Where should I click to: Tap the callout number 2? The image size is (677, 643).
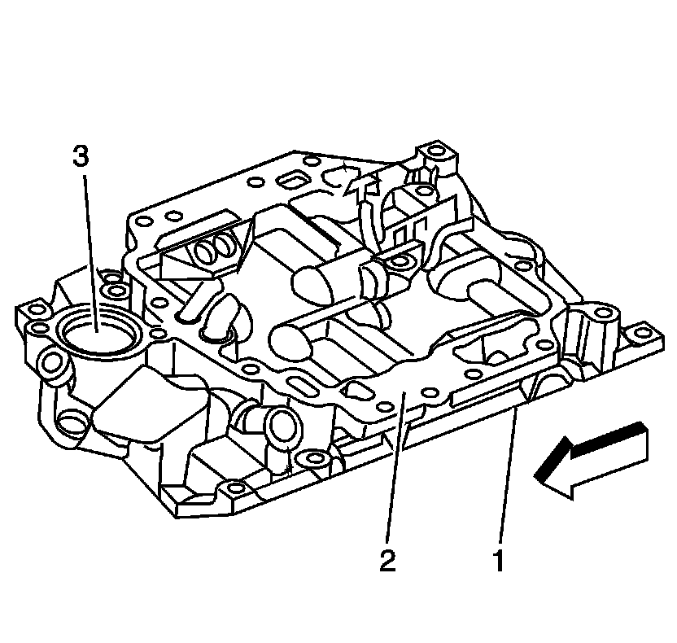[x=388, y=562]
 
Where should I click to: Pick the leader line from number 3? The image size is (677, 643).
[x=89, y=244]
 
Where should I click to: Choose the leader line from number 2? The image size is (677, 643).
[x=395, y=472]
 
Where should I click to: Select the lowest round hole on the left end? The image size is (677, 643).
[x=71, y=420]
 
